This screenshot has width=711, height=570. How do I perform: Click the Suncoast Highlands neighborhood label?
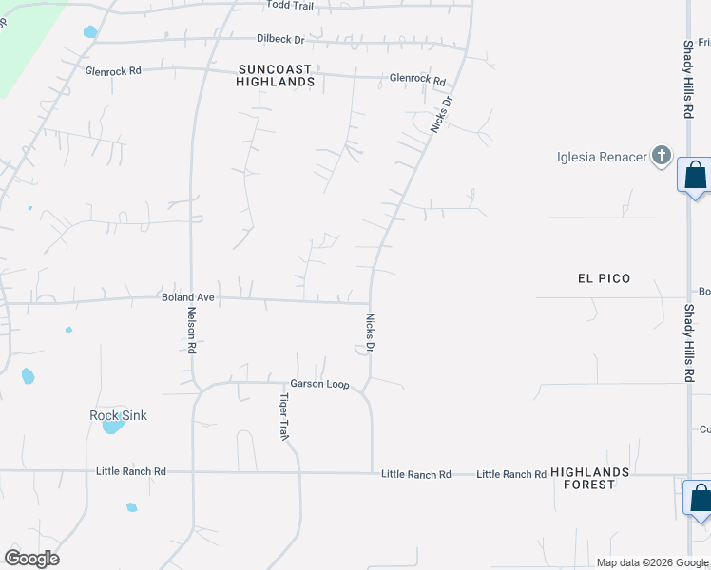click(x=276, y=75)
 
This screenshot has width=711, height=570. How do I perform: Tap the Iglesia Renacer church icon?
click(x=663, y=156)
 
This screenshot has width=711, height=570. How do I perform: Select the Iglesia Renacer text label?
click(x=602, y=157)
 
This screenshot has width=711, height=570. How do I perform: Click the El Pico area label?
click(x=604, y=278)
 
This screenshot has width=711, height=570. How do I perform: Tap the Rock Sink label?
click(x=118, y=415)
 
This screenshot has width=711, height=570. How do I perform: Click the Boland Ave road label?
click(x=188, y=297)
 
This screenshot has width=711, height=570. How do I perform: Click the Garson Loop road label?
click(x=320, y=385)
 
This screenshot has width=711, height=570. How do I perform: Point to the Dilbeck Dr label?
click(x=280, y=40)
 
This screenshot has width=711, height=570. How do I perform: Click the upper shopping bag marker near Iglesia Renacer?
click(x=695, y=176)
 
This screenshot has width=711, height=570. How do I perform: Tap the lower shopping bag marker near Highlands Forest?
click(x=700, y=498)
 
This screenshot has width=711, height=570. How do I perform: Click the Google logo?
click(x=31, y=559)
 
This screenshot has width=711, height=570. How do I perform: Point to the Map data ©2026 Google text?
click(x=651, y=562)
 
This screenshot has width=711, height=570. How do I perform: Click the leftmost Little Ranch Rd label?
click(x=131, y=471)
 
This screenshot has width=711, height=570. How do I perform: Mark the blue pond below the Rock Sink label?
click(x=112, y=427)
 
